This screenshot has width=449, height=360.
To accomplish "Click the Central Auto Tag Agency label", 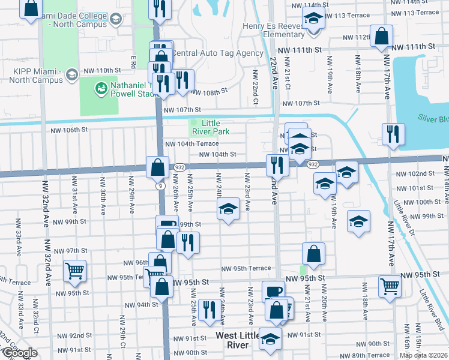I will pos(217,53).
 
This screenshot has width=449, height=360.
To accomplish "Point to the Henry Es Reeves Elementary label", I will pos(274,30).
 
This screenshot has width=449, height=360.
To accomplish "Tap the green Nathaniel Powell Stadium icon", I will pos(100,89).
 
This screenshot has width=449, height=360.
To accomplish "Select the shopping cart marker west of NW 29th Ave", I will pos(74,270).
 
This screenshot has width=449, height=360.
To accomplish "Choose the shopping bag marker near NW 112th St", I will pos(381,36).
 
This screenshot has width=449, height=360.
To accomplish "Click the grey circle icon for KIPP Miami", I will pos(71,74).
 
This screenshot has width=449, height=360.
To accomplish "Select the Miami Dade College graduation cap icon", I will pos(116,19).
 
